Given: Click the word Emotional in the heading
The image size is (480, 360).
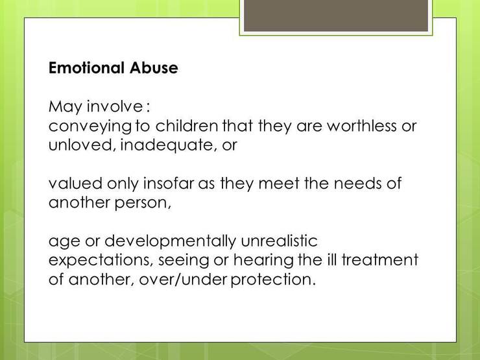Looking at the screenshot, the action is [87, 67].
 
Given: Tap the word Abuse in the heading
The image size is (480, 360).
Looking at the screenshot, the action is [154, 67].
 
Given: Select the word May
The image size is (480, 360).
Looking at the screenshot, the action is [66, 108].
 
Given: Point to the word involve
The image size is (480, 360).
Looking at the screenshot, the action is [115, 106].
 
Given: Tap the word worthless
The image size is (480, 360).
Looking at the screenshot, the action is [361, 125].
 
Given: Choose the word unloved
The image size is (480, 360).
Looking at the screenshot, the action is [82, 145].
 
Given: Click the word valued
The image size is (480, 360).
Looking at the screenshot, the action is [75, 183].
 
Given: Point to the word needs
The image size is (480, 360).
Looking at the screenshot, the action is [357, 183].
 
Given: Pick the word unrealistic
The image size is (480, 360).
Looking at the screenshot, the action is [279, 241].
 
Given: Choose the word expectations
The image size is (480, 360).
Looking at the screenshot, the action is [101, 261].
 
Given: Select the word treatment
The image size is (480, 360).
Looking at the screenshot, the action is [380, 259].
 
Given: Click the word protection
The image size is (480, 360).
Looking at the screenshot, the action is [273, 280].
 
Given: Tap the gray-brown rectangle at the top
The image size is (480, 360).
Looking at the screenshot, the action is [336, 16].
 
